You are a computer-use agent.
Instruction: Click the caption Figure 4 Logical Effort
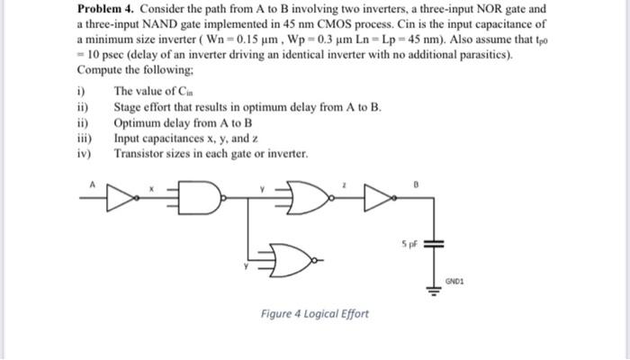coord(315,314)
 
